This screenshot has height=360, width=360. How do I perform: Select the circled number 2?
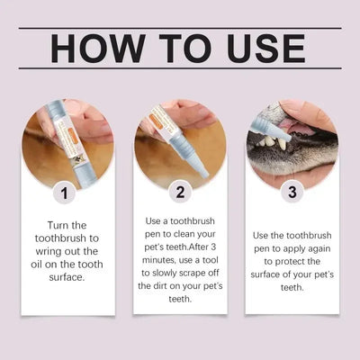(180, 193)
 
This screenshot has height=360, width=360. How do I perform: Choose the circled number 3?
(292, 193)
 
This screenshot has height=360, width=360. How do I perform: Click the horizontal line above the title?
(180, 29)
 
